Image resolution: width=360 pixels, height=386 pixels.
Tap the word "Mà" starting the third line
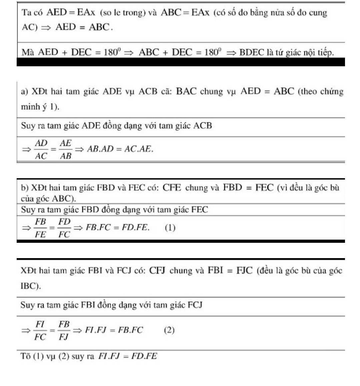(x=28, y=52)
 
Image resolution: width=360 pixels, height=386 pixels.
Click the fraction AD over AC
(x=41, y=150)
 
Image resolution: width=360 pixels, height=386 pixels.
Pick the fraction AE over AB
(x=65, y=150)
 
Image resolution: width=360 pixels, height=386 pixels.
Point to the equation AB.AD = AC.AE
(x=120, y=149)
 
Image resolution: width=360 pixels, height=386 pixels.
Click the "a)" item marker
(x=24, y=92)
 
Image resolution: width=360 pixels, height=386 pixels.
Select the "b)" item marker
(x=25, y=188)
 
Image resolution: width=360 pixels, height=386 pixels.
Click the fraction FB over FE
(x=41, y=228)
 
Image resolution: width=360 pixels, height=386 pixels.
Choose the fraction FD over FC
(x=64, y=228)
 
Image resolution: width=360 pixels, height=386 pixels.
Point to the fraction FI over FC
(x=40, y=330)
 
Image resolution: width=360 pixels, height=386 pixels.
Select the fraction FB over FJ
(x=64, y=330)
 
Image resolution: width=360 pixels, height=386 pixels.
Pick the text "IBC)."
(x=31, y=286)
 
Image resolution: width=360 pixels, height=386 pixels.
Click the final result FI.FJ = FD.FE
(x=127, y=356)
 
